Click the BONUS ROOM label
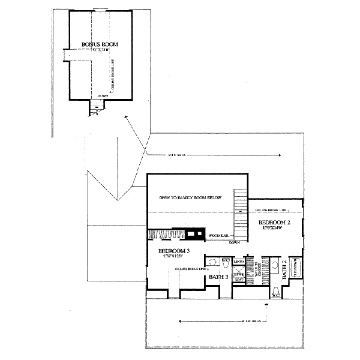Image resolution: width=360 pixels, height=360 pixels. click(100, 44)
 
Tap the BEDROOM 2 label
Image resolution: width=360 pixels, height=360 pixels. click(275, 222)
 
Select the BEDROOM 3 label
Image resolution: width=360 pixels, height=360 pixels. click(174, 250)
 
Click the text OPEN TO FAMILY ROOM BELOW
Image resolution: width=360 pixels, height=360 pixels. click(191, 197)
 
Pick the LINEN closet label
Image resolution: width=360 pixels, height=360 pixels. click(238, 262)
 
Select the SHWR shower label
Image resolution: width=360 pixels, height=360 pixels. click(238, 274)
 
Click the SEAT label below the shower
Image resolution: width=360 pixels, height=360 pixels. click(238, 280)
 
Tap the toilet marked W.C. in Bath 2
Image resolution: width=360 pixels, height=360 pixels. click(275, 294)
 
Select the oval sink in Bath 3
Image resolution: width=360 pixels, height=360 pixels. click(212, 262)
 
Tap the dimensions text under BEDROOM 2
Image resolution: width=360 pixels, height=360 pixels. click(274, 229)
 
